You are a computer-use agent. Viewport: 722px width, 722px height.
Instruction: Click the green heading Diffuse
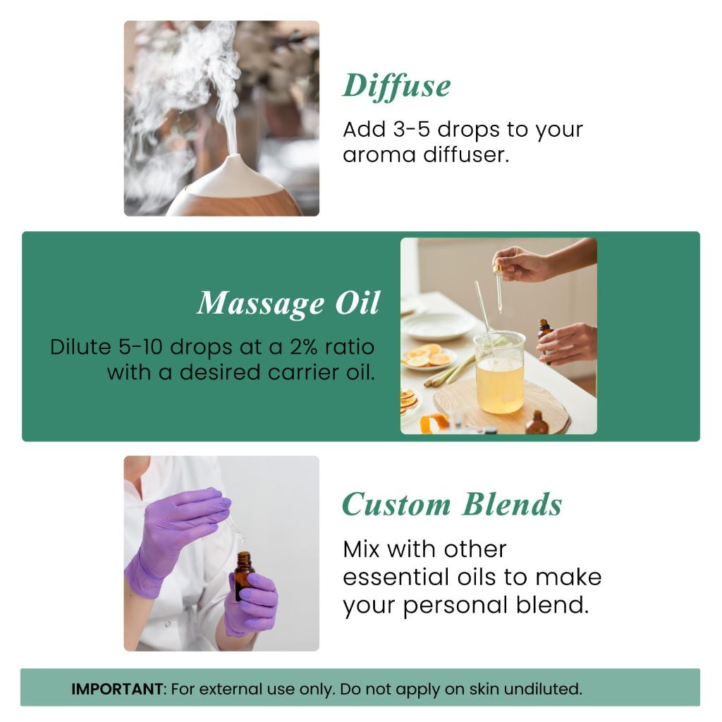pyautogui.click(x=396, y=86)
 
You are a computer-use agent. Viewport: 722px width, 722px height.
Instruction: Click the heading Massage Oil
pyautogui.click(x=288, y=303)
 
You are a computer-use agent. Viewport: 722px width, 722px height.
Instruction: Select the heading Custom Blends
pyautogui.click(x=452, y=505)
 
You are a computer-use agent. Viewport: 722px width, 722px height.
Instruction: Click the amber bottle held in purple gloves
pyautogui.click(x=244, y=575)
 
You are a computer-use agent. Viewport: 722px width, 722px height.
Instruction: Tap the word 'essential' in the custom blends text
pyautogui.click(x=392, y=577)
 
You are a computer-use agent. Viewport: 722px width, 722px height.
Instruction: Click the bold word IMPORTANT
pyautogui.click(x=116, y=689)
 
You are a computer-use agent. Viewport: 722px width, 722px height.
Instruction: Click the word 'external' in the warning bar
pyautogui.click(x=225, y=689)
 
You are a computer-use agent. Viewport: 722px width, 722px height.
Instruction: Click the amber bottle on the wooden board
pyautogui.click(x=537, y=424)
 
